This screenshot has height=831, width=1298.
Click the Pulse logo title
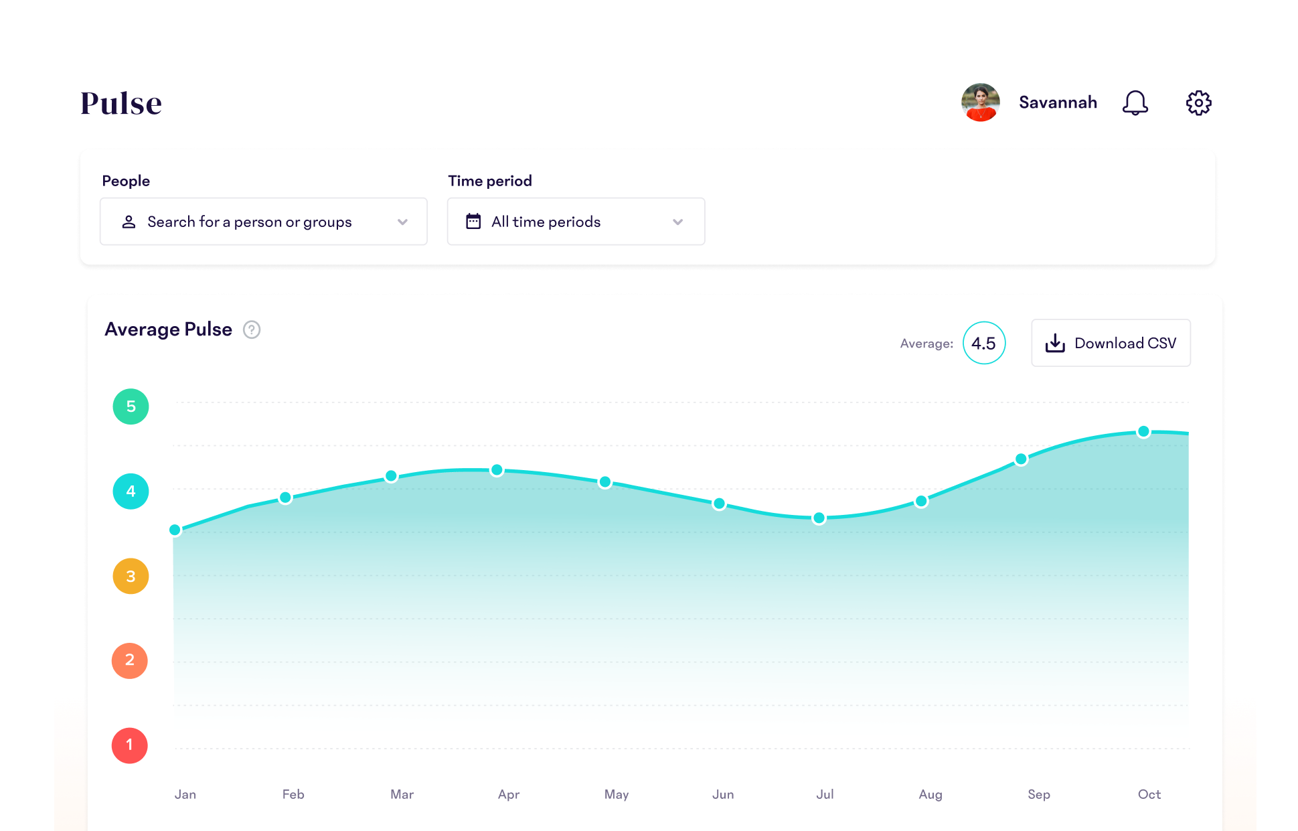tap(121, 103)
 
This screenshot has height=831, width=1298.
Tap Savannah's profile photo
tap(980, 102)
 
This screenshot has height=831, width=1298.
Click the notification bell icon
tap(1135, 103)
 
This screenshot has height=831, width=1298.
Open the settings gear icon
tap(1198, 103)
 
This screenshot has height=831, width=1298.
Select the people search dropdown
tap(263, 222)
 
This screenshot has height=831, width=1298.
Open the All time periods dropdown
tap(576, 222)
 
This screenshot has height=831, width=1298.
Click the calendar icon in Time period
tap(473, 222)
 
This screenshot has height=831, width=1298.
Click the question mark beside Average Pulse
tap(252, 329)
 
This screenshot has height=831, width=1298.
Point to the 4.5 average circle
tap(983, 343)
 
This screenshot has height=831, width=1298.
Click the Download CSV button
tap(1111, 343)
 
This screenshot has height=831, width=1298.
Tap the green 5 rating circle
tap(131, 406)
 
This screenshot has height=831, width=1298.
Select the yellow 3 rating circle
tap(131, 576)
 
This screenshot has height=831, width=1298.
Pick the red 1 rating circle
tap(129, 745)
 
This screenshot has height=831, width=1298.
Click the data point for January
tap(175, 530)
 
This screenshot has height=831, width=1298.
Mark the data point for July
tap(819, 518)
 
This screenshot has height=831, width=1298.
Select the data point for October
tap(1143, 431)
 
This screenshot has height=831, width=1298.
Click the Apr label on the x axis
tap(509, 794)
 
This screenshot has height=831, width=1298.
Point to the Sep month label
tap(1038, 794)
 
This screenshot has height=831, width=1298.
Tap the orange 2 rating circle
tap(129, 660)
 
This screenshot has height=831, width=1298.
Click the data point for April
tap(497, 470)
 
